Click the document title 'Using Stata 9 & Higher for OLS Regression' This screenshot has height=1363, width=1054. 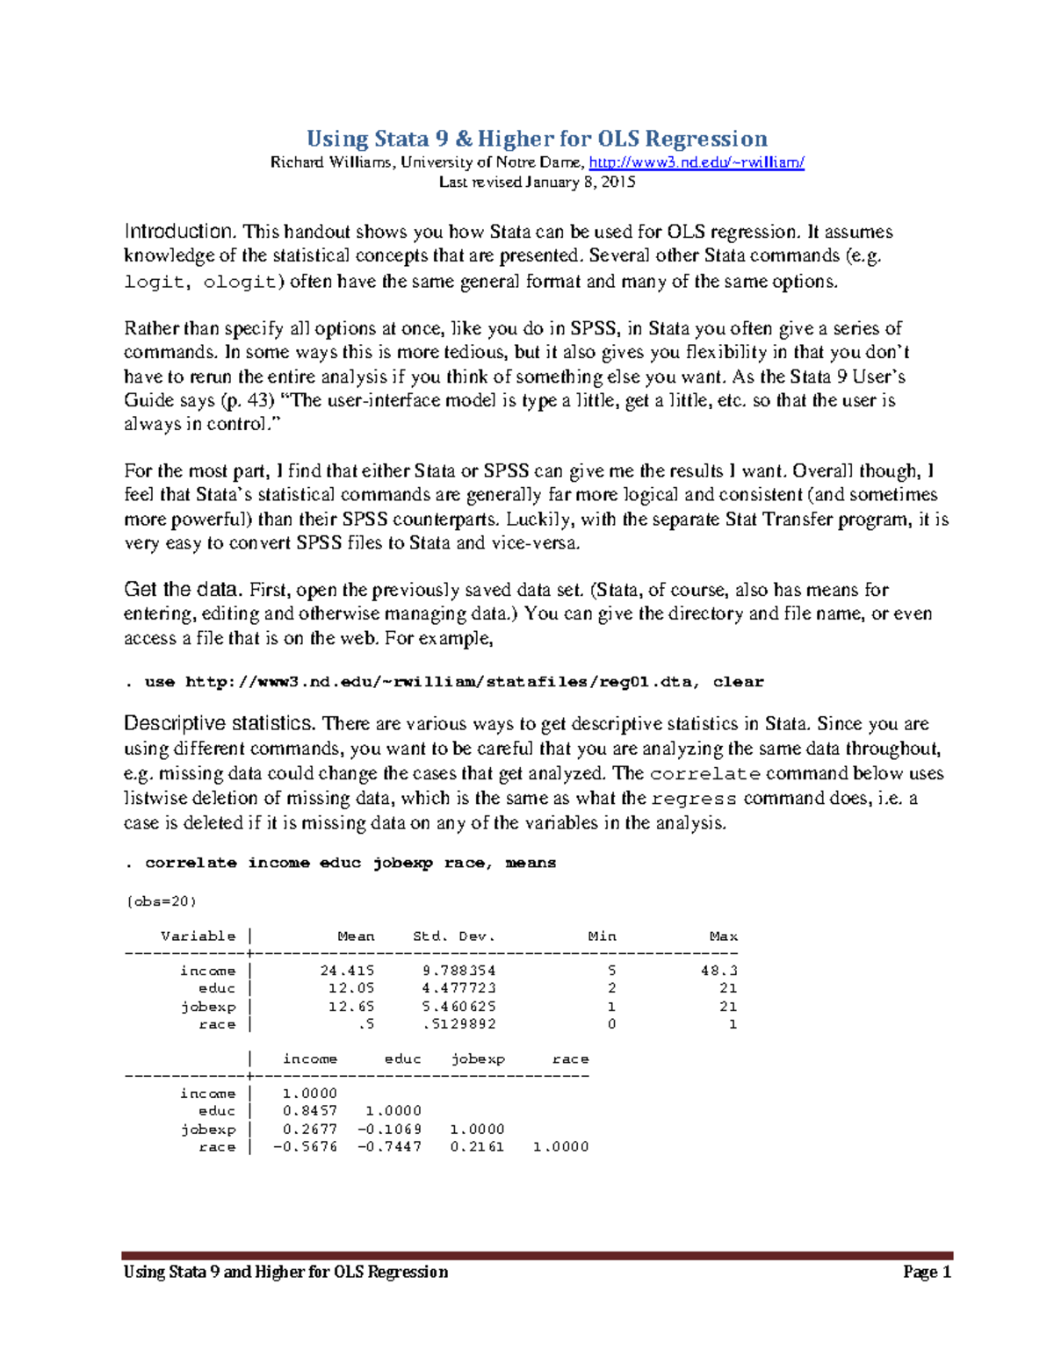click(536, 139)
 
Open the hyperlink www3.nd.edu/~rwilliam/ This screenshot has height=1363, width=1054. click(696, 162)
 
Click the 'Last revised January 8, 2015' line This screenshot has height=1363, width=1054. click(536, 183)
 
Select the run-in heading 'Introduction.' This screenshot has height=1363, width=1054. click(179, 232)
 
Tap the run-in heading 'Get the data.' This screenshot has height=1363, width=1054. click(182, 590)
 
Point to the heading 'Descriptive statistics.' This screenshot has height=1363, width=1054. click(219, 724)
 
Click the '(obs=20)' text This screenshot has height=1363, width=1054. click(161, 901)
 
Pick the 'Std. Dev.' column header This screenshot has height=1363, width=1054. click(454, 936)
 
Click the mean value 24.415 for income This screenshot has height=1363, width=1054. click(347, 971)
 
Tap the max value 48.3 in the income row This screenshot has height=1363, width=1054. click(718, 971)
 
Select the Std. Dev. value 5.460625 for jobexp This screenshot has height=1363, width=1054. click(458, 1007)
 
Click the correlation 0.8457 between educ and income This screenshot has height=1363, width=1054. click(309, 1111)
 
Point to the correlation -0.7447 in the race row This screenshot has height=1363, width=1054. click(389, 1147)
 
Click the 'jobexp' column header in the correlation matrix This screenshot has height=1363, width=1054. click(478, 1059)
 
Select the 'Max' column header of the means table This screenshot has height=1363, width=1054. click(723, 936)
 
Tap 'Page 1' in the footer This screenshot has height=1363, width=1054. click(927, 1273)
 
